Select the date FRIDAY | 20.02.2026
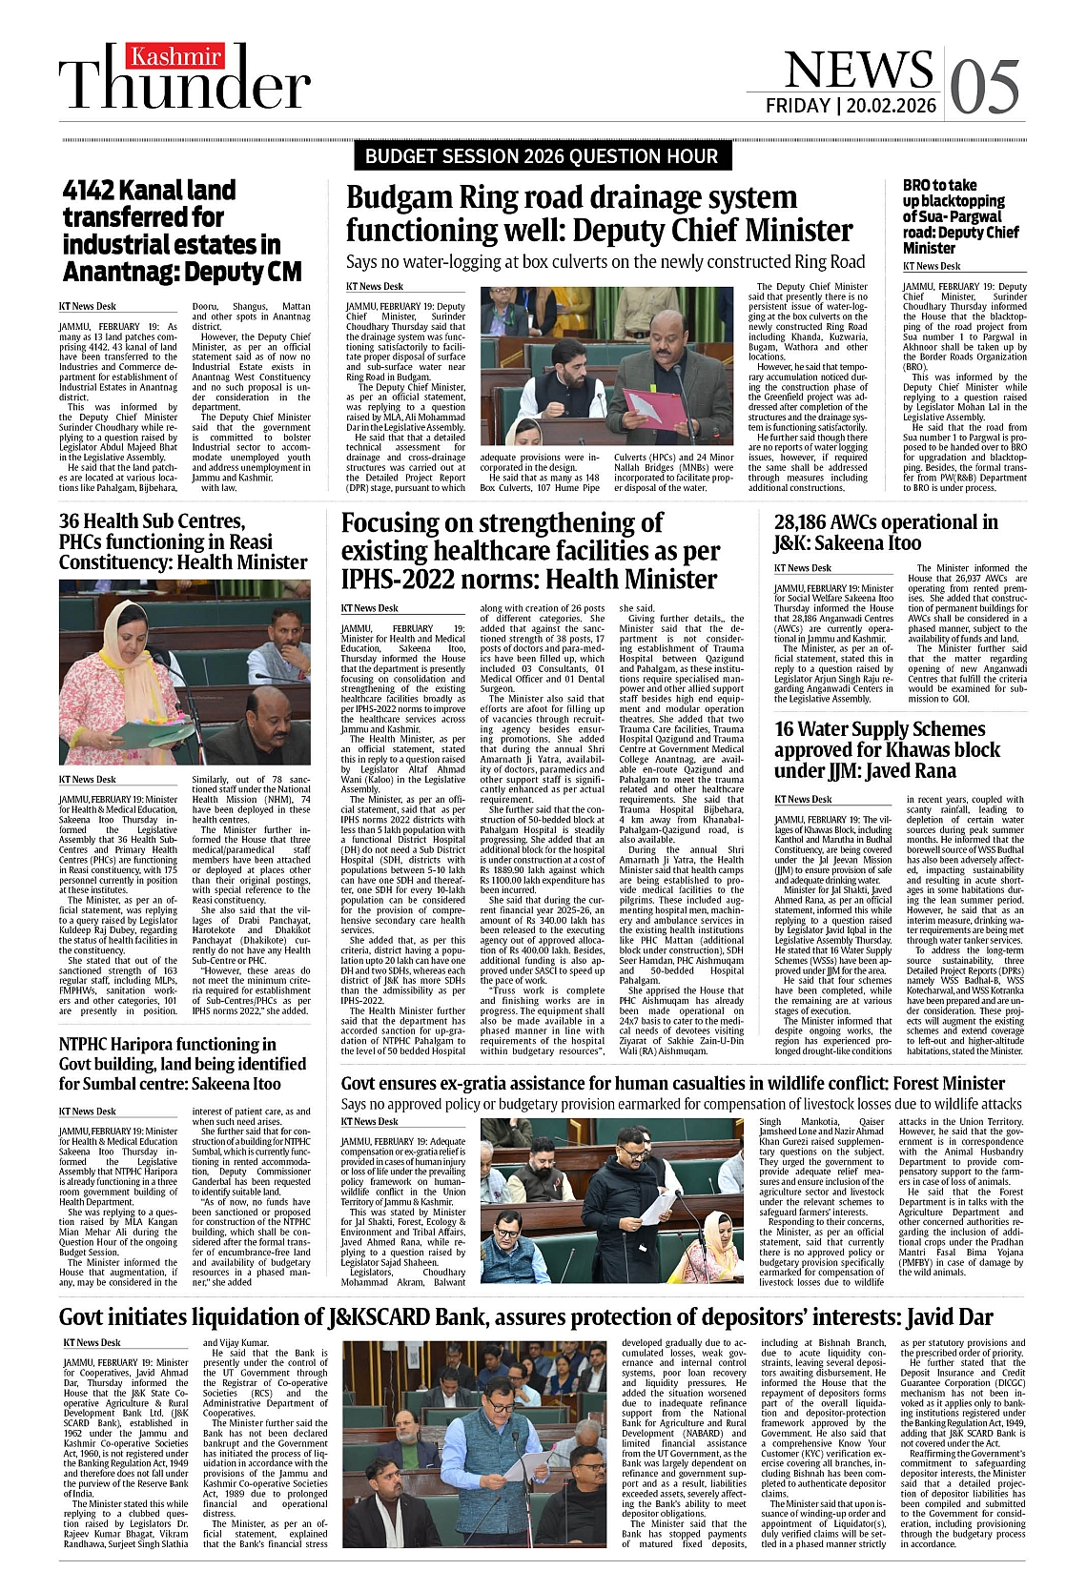[851, 106]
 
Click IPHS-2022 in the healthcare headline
[390, 579]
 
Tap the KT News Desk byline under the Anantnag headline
[88, 306]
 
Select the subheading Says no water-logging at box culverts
[605, 261]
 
